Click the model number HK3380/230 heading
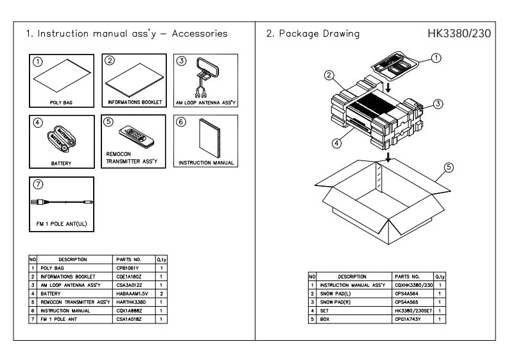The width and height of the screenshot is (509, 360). point(459,33)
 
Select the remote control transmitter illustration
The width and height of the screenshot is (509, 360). point(136,135)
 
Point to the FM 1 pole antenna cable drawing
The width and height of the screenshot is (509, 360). point(62,202)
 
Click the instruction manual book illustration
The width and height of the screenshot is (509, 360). point(210,138)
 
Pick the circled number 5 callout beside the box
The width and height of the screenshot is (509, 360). point(449,167)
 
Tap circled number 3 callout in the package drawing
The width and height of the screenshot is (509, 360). point(438,104)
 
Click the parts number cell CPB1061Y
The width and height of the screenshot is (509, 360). point(128,268)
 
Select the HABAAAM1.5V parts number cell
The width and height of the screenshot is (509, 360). point(132,294)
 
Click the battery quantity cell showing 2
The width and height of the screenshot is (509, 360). point(161,294)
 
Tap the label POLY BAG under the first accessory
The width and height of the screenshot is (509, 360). point(61,103)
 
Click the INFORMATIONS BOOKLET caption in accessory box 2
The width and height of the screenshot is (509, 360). point(135,102)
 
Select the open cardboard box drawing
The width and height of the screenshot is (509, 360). point(383,201)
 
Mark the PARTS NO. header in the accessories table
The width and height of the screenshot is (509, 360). point(128,260)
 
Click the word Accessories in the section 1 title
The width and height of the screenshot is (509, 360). point(200,33)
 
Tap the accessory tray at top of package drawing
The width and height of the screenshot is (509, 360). point(395,65)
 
